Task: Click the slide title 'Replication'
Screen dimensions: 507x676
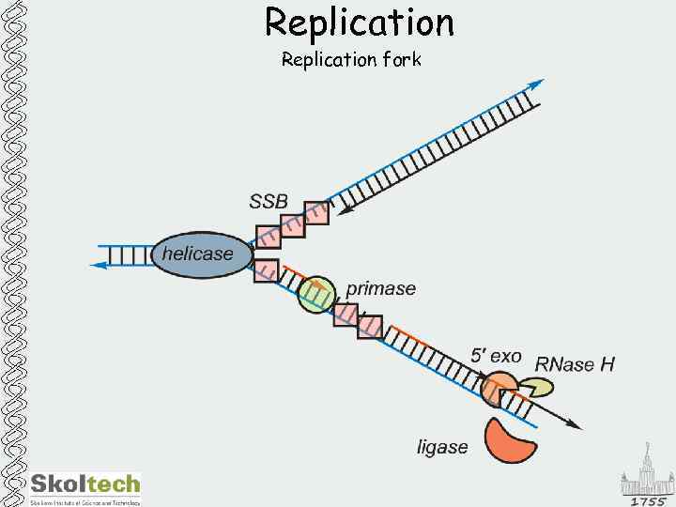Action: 359,22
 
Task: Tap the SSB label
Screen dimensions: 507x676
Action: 269,200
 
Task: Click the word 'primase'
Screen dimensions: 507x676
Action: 380,288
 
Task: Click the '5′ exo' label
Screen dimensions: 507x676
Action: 496,356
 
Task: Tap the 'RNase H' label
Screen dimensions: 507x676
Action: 575,363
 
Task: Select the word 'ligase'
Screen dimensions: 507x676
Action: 442,447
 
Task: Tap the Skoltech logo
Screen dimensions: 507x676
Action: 85,485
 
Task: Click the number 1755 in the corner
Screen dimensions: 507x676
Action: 648,501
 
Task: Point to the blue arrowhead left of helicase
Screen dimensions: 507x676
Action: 98,265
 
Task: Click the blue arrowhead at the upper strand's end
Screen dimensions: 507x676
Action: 536,84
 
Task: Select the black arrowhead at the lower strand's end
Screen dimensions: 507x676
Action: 575,425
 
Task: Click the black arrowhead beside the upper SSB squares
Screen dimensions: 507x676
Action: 346,209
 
